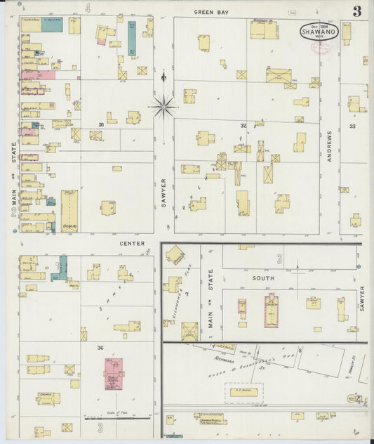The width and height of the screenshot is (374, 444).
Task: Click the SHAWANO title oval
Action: [319, 31]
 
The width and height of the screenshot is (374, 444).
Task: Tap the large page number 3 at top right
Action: [357, 11]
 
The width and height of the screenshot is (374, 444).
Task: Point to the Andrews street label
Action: [328, 147]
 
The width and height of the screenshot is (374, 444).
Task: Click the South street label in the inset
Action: [263, 278]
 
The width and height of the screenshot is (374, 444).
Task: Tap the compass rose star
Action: [163, 106]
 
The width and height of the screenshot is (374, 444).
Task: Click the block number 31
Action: [101, 124]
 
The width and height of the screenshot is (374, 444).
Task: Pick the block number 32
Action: [243, 126]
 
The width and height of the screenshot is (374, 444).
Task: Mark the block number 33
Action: [352, 126]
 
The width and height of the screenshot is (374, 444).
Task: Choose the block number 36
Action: [101, 348]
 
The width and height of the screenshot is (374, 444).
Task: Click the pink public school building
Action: [114, 372]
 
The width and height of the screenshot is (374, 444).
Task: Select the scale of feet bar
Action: [117, 419]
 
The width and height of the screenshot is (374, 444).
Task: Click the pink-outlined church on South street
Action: [271, 310]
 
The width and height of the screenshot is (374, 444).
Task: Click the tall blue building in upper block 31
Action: [131, 39]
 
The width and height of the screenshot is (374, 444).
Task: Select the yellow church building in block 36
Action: [48, 398]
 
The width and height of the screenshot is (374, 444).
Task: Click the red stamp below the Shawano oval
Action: [321, 48]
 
